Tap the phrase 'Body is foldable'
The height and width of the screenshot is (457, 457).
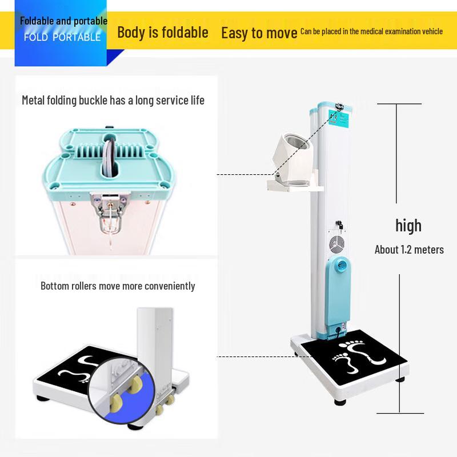(x=163, y=32)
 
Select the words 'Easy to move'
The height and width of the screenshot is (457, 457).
(x=259, y=33)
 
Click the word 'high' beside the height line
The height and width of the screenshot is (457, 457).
(x=408, y=225)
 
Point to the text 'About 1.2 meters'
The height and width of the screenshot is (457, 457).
(x=409, y=250)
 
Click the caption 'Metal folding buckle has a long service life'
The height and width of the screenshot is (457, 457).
(x=113, y=101)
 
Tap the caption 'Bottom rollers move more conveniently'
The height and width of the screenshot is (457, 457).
(x=118, y=286)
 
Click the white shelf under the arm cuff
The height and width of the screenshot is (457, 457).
(x=294, y=186)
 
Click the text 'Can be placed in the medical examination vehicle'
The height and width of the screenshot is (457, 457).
(x=371, y=31)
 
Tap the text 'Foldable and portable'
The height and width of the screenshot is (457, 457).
(x=64, y=21)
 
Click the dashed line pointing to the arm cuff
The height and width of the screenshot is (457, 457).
(x=246, y=174)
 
